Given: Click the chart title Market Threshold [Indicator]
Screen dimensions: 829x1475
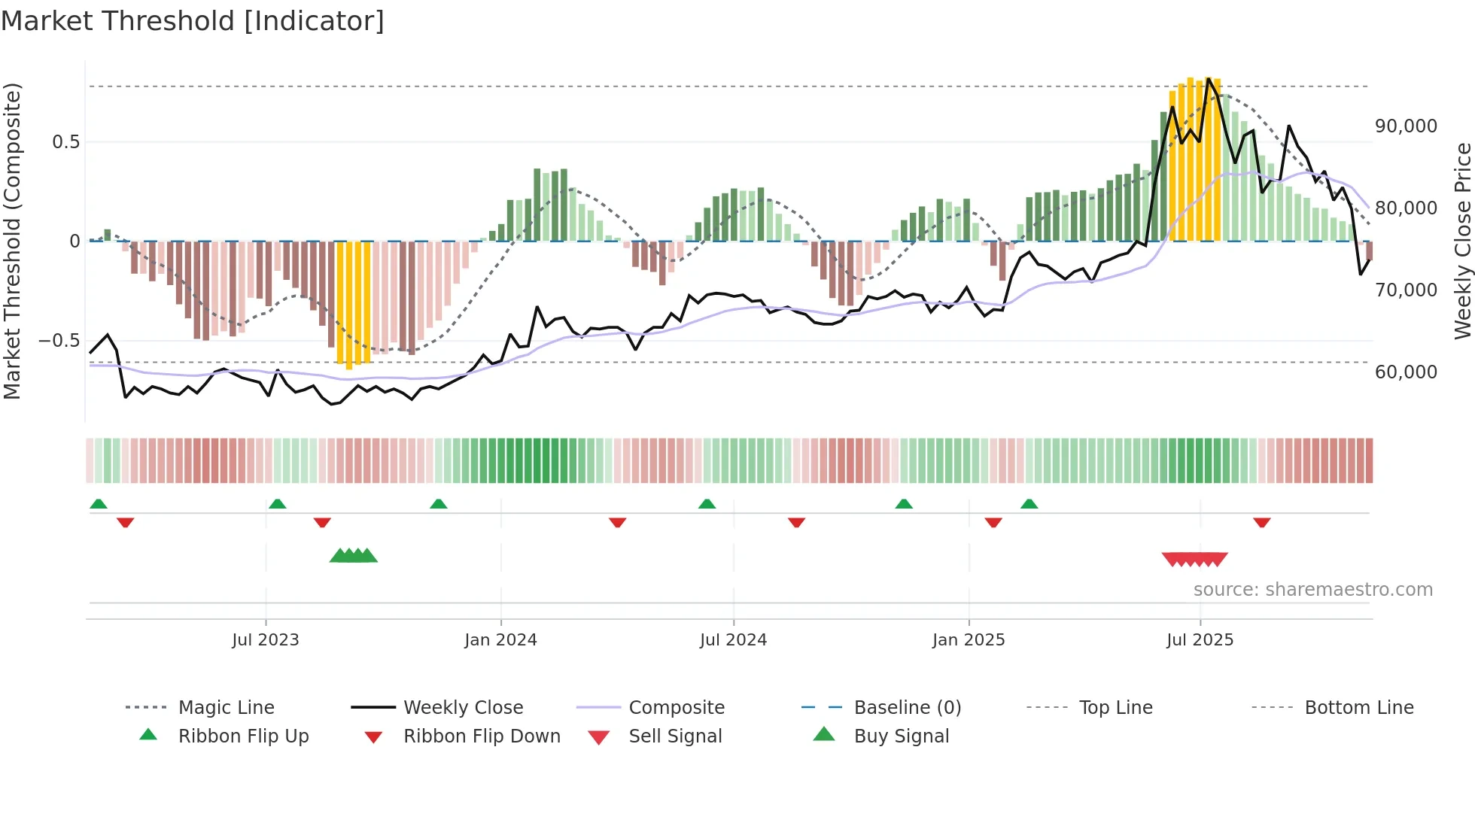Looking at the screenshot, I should point(193,21).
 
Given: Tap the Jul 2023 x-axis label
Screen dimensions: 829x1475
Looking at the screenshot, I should point(265,640).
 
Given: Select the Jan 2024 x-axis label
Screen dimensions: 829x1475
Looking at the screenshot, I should point(500,640).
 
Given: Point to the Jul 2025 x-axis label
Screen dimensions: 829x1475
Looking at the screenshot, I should point(1200,640).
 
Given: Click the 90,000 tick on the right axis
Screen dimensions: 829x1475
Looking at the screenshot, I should point(1406,126).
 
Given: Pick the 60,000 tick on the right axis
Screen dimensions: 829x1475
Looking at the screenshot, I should point(1406,372).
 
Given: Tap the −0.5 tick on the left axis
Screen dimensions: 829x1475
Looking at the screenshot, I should point(59,341).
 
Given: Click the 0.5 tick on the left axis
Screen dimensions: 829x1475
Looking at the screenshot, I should point(65,142).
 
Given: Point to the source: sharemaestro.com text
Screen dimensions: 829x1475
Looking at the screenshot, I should point(1312,590).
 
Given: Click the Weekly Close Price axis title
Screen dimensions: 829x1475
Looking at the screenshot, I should point(1461,241).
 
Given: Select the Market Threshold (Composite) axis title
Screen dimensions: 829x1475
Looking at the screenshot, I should point(12,241).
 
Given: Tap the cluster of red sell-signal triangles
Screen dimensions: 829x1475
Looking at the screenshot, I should point(1194,559).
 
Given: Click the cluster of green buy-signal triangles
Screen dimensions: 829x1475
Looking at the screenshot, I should point(353,556).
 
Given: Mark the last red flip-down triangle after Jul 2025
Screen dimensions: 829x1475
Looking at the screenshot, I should point(1261,522).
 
